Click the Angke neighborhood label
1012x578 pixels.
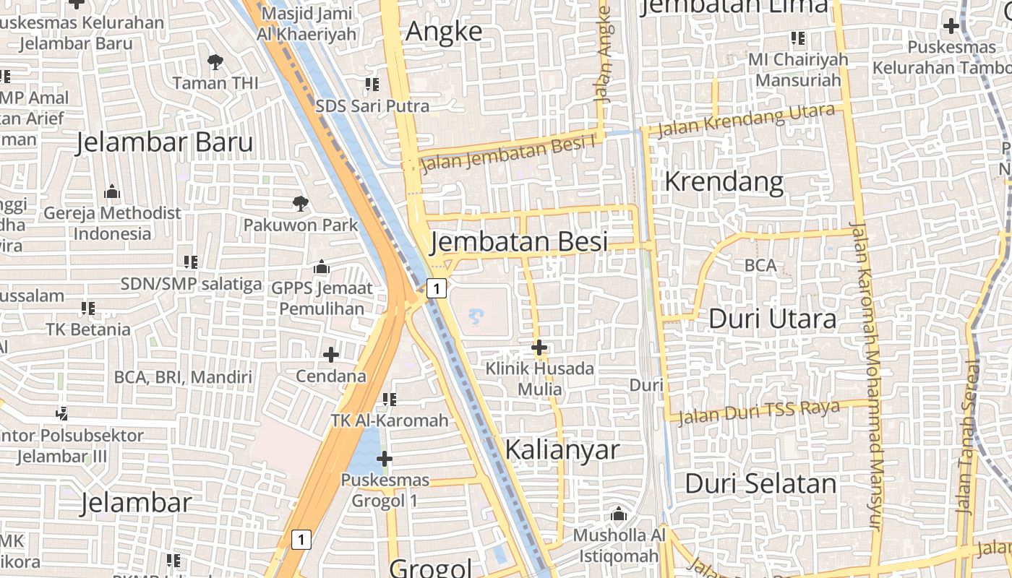[444, 32]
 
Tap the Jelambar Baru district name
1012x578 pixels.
[165, 142]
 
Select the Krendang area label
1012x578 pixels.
[724, 181]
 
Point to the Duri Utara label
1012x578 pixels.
[772, 319]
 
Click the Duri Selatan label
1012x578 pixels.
[760, 483]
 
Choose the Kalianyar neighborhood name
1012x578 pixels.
[562, 449]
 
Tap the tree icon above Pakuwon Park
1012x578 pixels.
[301, 204]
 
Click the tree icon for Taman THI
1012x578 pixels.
[215, 62]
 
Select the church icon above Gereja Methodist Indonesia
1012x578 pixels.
[112, 192]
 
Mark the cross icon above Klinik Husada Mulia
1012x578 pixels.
[539, 348]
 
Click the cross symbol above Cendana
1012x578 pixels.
[331, 355]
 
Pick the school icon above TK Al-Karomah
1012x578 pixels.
[390, 399]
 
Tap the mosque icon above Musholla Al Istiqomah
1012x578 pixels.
[618, 514]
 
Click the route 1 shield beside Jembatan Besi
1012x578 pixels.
[436, 288]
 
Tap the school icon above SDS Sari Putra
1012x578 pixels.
[372, 85]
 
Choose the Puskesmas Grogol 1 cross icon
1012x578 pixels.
[385, 459]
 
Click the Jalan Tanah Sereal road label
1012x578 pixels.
[966, 436]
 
